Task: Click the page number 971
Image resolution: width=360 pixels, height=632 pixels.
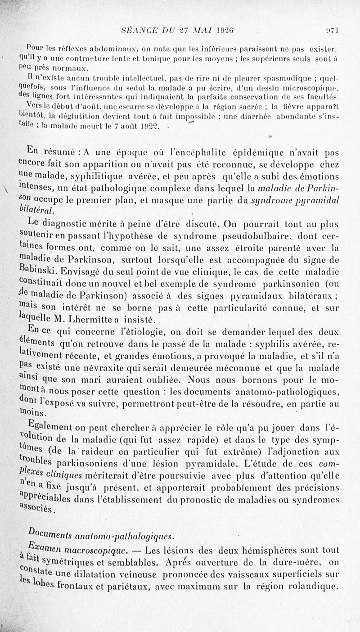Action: pyautogui.click(x=332, y=31)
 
